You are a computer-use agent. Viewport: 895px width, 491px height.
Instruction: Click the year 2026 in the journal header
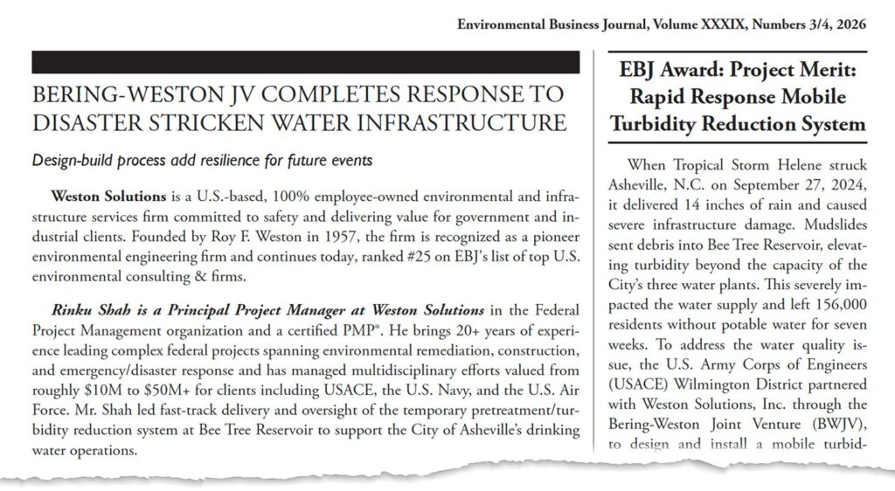click(x=850, y=24)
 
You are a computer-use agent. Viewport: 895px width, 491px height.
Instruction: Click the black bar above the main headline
click(x=305, y=62)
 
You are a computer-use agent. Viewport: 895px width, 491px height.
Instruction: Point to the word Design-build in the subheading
click(x=71, y=161)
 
